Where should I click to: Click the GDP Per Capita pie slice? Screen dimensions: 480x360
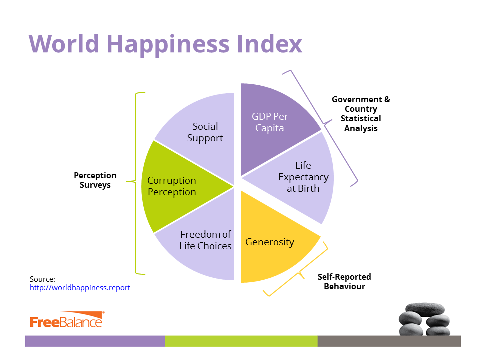tap(272, 125)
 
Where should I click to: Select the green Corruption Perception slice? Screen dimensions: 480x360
tap(177, 186)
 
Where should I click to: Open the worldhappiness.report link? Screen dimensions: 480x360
tap(80, 288)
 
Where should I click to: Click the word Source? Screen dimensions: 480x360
tap(42, 279)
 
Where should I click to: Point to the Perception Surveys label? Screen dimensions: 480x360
tap(95, 180)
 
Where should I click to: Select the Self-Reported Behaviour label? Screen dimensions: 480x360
tap(344, 281)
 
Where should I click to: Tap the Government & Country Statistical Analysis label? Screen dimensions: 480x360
tap(361, 114)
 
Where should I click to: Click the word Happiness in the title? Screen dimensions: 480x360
tap(168, 44)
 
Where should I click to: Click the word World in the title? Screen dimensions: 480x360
tap(64, 44)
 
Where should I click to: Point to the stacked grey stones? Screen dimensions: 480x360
tap(424, 319)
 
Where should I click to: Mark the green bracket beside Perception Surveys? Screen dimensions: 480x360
tap(136, 183)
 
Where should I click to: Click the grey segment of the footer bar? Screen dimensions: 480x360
tap(389, 341)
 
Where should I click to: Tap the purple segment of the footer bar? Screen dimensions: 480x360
tap(95, 341)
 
